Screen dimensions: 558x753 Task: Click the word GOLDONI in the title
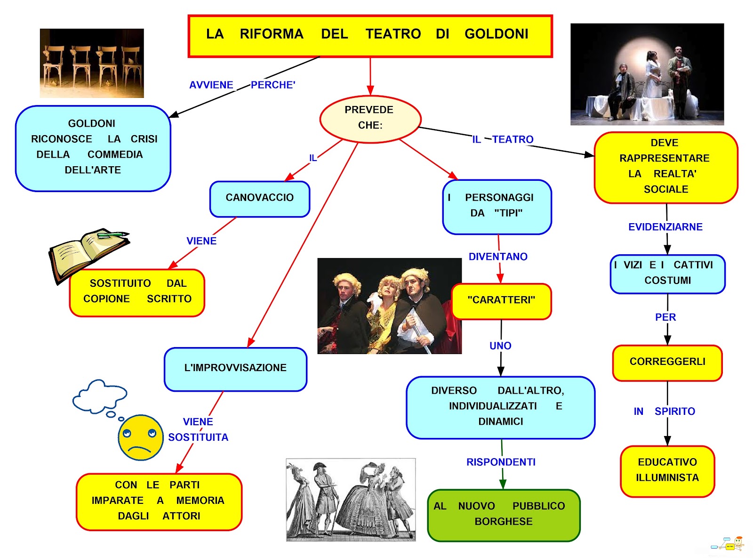(496, 34)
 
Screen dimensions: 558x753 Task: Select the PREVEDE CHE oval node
(370, 118)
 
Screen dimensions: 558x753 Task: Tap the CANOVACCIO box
(259, 198)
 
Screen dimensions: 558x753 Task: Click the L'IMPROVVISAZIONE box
(235, 368)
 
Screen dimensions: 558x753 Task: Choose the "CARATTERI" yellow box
(501, 300)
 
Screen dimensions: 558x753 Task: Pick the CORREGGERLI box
(667, 362)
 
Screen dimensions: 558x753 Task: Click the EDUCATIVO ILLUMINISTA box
(667, 470)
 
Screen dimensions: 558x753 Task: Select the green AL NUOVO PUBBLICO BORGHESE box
(503, 514)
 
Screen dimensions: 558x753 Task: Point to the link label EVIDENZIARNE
(665, 227)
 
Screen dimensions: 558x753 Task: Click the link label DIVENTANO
(498, 257)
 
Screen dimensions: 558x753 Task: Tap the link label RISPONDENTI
(501, 462)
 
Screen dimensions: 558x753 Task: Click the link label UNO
(500, 346)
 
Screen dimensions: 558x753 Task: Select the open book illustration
(87, 254)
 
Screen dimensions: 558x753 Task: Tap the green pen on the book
(113, 234)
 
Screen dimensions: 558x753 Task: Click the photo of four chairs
(92, 63)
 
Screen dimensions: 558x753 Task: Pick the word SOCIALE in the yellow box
(666, 189)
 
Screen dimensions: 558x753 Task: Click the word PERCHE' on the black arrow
(273, 85)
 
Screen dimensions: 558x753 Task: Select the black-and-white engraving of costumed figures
(351, 500)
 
